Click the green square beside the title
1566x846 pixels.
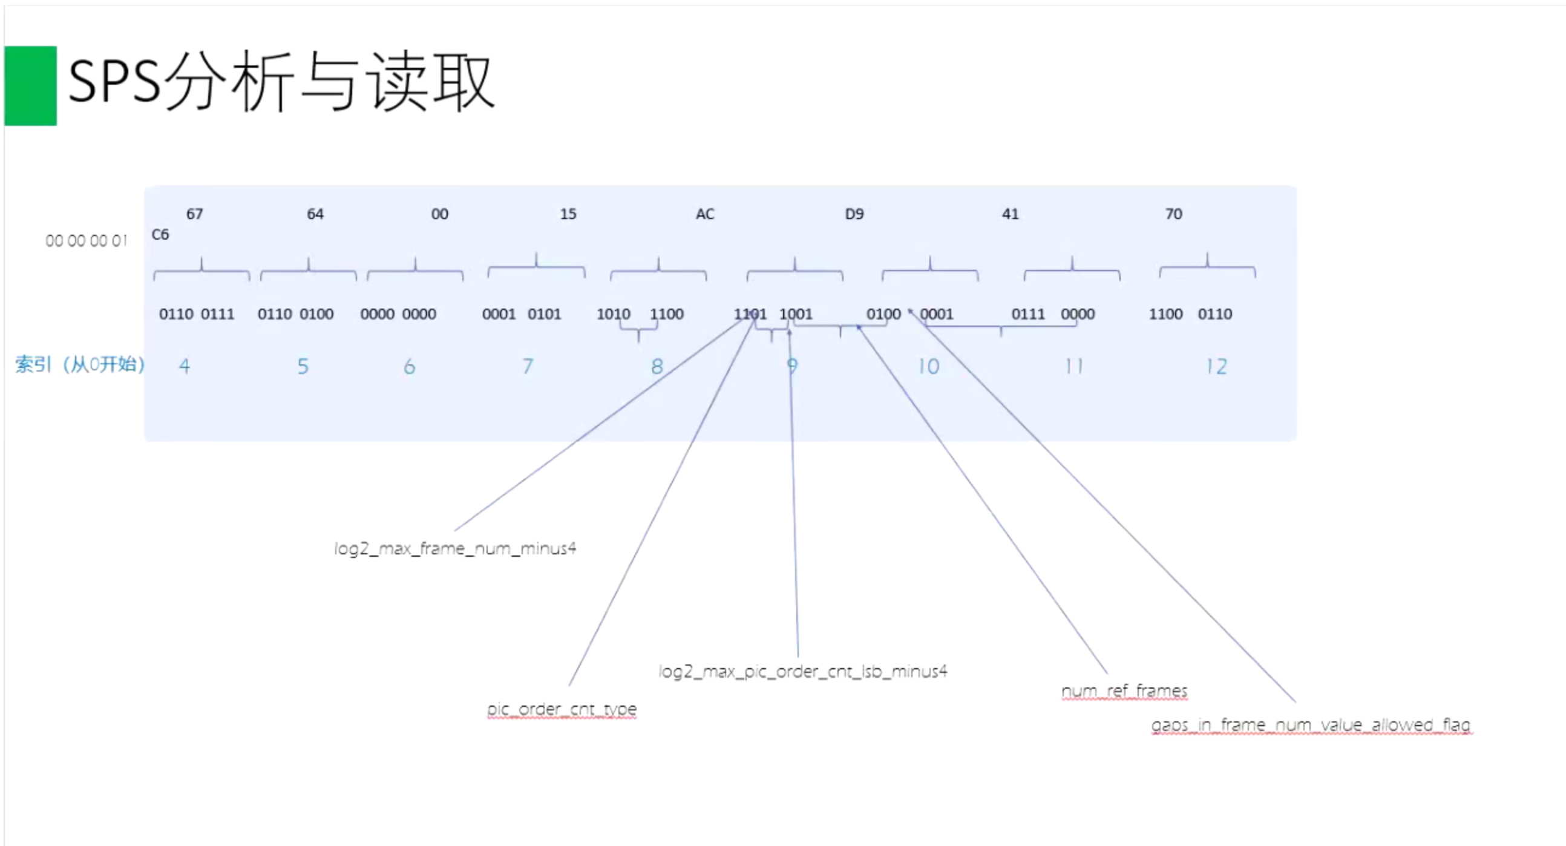30,86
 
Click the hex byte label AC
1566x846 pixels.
704,214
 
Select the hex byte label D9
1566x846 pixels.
854,214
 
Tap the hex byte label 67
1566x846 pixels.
194,214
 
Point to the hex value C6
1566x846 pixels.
160,235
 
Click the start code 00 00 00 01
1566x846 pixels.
87,241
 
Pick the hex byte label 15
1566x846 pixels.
568,214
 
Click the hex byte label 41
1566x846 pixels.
1010,214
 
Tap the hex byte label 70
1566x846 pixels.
1173,214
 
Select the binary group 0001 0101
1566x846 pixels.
521,314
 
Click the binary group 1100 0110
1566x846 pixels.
1190,314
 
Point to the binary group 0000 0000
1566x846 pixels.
398,314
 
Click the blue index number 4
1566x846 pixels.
184,366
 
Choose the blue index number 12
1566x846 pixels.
1216,366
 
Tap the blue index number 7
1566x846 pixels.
528,366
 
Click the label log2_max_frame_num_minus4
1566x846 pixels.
454,549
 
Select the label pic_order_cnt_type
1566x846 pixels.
562,709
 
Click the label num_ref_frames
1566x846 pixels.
1124,691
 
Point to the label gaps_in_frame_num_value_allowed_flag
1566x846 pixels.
1311,725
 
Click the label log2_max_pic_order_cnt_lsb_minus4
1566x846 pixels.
802,672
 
